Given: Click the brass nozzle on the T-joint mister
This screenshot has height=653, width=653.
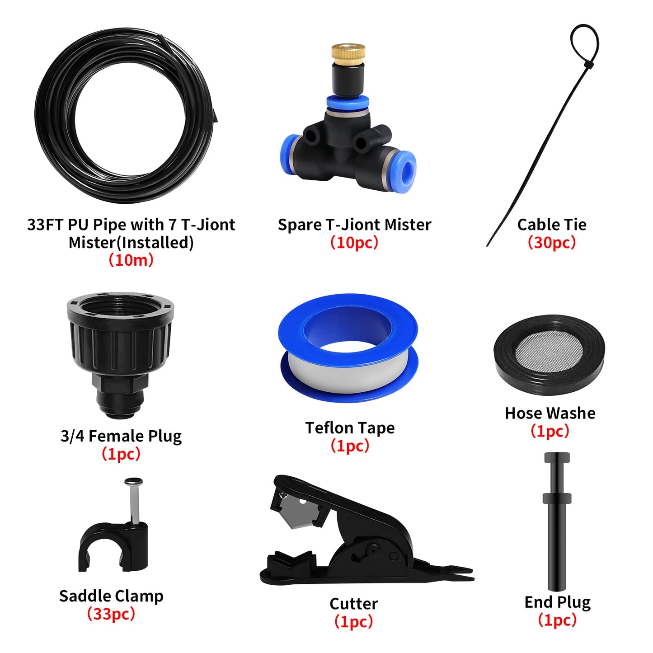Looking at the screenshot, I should coord(348,53).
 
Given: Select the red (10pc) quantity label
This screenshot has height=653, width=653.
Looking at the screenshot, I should coord(354,243).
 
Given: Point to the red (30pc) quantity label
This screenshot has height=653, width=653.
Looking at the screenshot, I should coord(552,243).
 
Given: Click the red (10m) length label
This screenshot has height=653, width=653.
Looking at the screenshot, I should coord(131,260).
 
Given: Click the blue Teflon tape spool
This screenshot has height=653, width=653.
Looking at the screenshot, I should coord(348,348).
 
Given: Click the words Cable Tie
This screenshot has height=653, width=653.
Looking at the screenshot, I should coord(552,225).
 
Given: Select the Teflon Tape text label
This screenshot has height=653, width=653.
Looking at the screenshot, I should coord(350,428).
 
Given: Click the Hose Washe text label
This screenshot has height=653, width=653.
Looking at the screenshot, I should coord(550,413).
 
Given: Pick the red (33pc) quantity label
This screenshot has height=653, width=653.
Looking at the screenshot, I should coord(111,614).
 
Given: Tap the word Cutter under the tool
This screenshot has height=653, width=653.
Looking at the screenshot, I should coord(353,604).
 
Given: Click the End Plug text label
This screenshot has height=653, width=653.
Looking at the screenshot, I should coord(557,602).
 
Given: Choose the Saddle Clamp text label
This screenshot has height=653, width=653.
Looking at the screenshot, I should coord(111,596).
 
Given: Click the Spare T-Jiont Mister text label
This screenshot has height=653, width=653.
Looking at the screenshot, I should coord(354,225).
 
